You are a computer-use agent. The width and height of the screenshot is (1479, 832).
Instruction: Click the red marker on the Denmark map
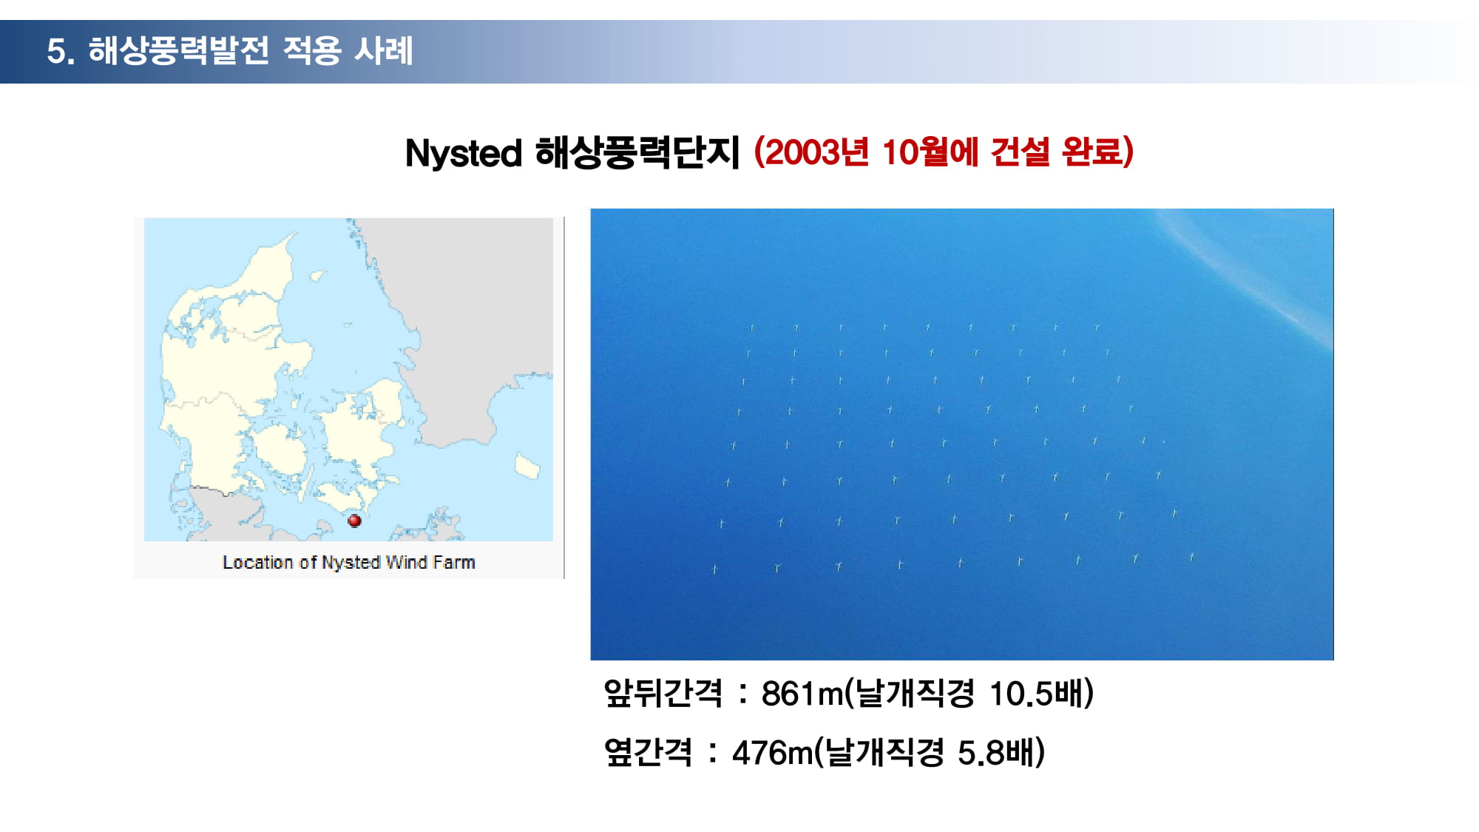(354, 521)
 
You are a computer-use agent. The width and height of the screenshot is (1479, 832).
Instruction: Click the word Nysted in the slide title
(464, 153)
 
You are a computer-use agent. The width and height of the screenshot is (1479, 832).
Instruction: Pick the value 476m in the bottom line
(772, 753)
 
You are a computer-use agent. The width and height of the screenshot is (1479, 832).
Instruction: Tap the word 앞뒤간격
(663, 694)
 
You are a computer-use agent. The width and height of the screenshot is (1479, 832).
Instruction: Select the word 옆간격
(648, 753)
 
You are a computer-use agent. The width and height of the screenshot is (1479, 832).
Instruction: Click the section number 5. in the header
(61, 51)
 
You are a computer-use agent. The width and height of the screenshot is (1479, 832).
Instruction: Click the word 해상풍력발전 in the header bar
(178, 50)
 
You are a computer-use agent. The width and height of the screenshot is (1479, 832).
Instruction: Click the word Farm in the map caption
(454, 563)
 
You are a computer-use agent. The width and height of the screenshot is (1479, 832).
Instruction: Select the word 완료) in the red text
(1097, 152)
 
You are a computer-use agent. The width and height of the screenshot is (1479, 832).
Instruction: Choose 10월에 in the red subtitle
(930, 152)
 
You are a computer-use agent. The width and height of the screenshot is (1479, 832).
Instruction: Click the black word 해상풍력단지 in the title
(637, 153)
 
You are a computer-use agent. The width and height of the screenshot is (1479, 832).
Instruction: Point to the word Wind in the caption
(407, 563)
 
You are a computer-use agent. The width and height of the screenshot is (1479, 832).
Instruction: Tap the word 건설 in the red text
(1020, 152)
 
